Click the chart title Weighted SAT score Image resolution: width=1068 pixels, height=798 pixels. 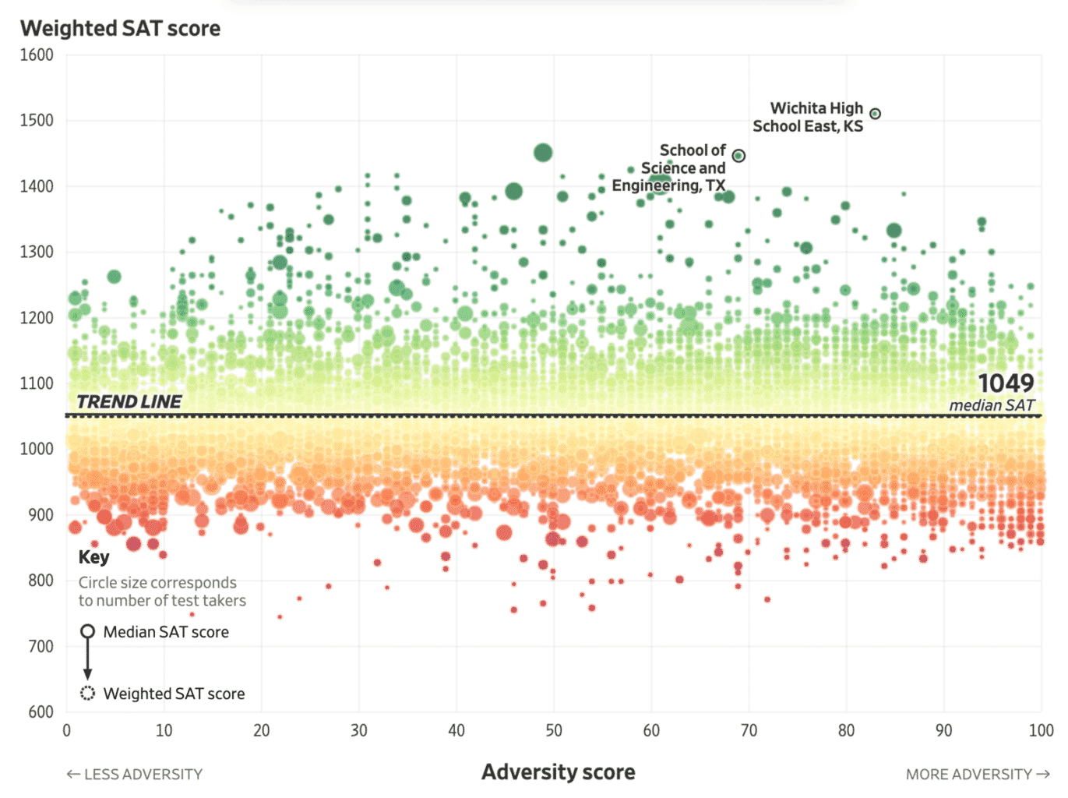[x=120, y=28]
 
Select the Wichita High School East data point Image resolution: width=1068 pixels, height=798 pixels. [x=875, y=114]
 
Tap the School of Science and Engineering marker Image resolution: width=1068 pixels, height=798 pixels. [x=738, y=156]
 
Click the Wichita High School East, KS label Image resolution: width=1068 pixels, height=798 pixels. [x=809, y=117]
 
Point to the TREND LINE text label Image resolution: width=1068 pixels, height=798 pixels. [x=129, y=401]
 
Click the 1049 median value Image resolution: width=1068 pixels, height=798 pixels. [x=1006, y=383]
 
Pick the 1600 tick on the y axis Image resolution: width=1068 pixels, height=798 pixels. [x=37, y=55]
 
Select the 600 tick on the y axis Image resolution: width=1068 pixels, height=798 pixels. [x=41, y=711]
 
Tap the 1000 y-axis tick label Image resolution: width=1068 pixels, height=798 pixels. [x=37, y=449]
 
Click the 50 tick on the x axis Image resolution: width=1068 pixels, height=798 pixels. [x=554, y=731]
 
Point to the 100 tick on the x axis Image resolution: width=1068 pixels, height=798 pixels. [x=1041, y=731]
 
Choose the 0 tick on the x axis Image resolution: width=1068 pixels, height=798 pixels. [x=67, y=731]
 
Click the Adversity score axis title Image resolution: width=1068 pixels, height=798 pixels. [x=558, y=772]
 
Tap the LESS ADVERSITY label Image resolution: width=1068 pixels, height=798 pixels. [x=135, y=775]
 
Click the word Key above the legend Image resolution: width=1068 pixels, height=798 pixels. [x=93, y=557]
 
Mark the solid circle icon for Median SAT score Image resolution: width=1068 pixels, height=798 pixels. [x=88, y=631]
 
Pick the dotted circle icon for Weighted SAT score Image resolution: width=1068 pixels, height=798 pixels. [x=88, y=693]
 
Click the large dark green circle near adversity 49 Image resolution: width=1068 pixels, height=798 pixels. [x=543, y=153]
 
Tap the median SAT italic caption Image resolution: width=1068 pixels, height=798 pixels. [x=991, y=405]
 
